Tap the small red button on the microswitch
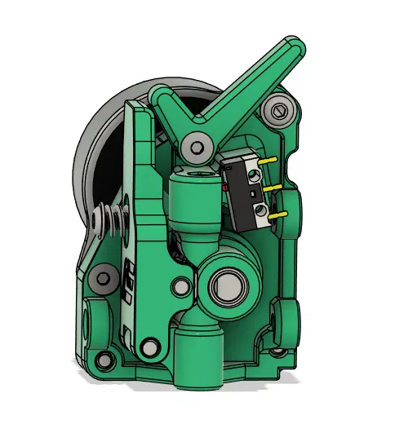pyautogui.click(x=224, y=188)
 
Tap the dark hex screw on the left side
pyautogui.click(x=102, y=278)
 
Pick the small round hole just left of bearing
pyautogui.click(x=179, y=287)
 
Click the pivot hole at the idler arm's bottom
pyautogui.click(x=148, y=347)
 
